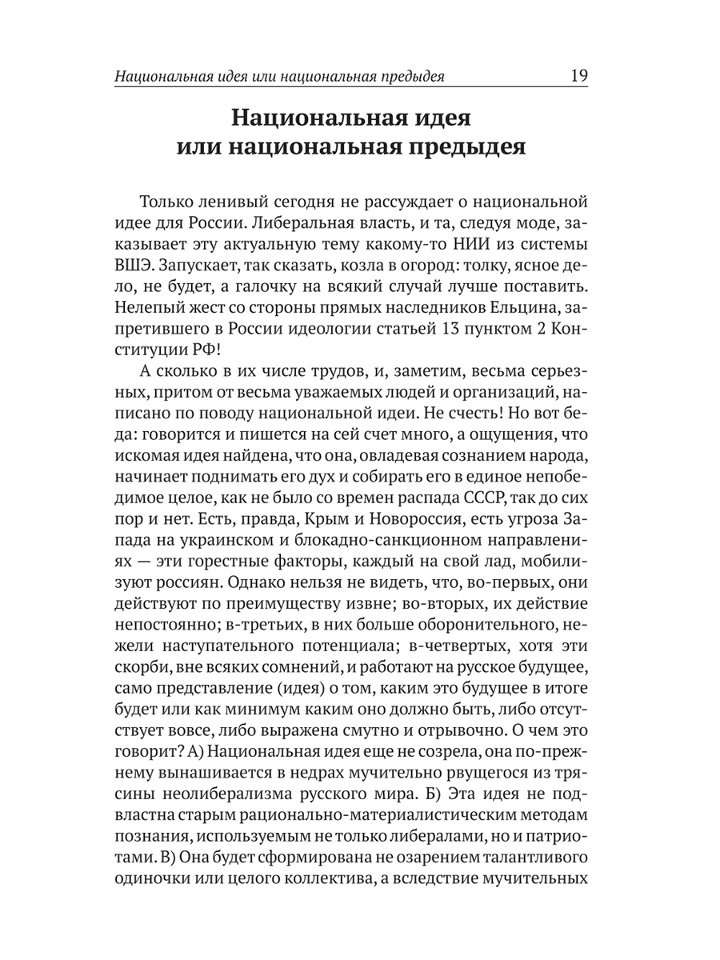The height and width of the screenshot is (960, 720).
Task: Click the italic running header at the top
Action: click(279, 77)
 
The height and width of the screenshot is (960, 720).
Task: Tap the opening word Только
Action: click(172, 201)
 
